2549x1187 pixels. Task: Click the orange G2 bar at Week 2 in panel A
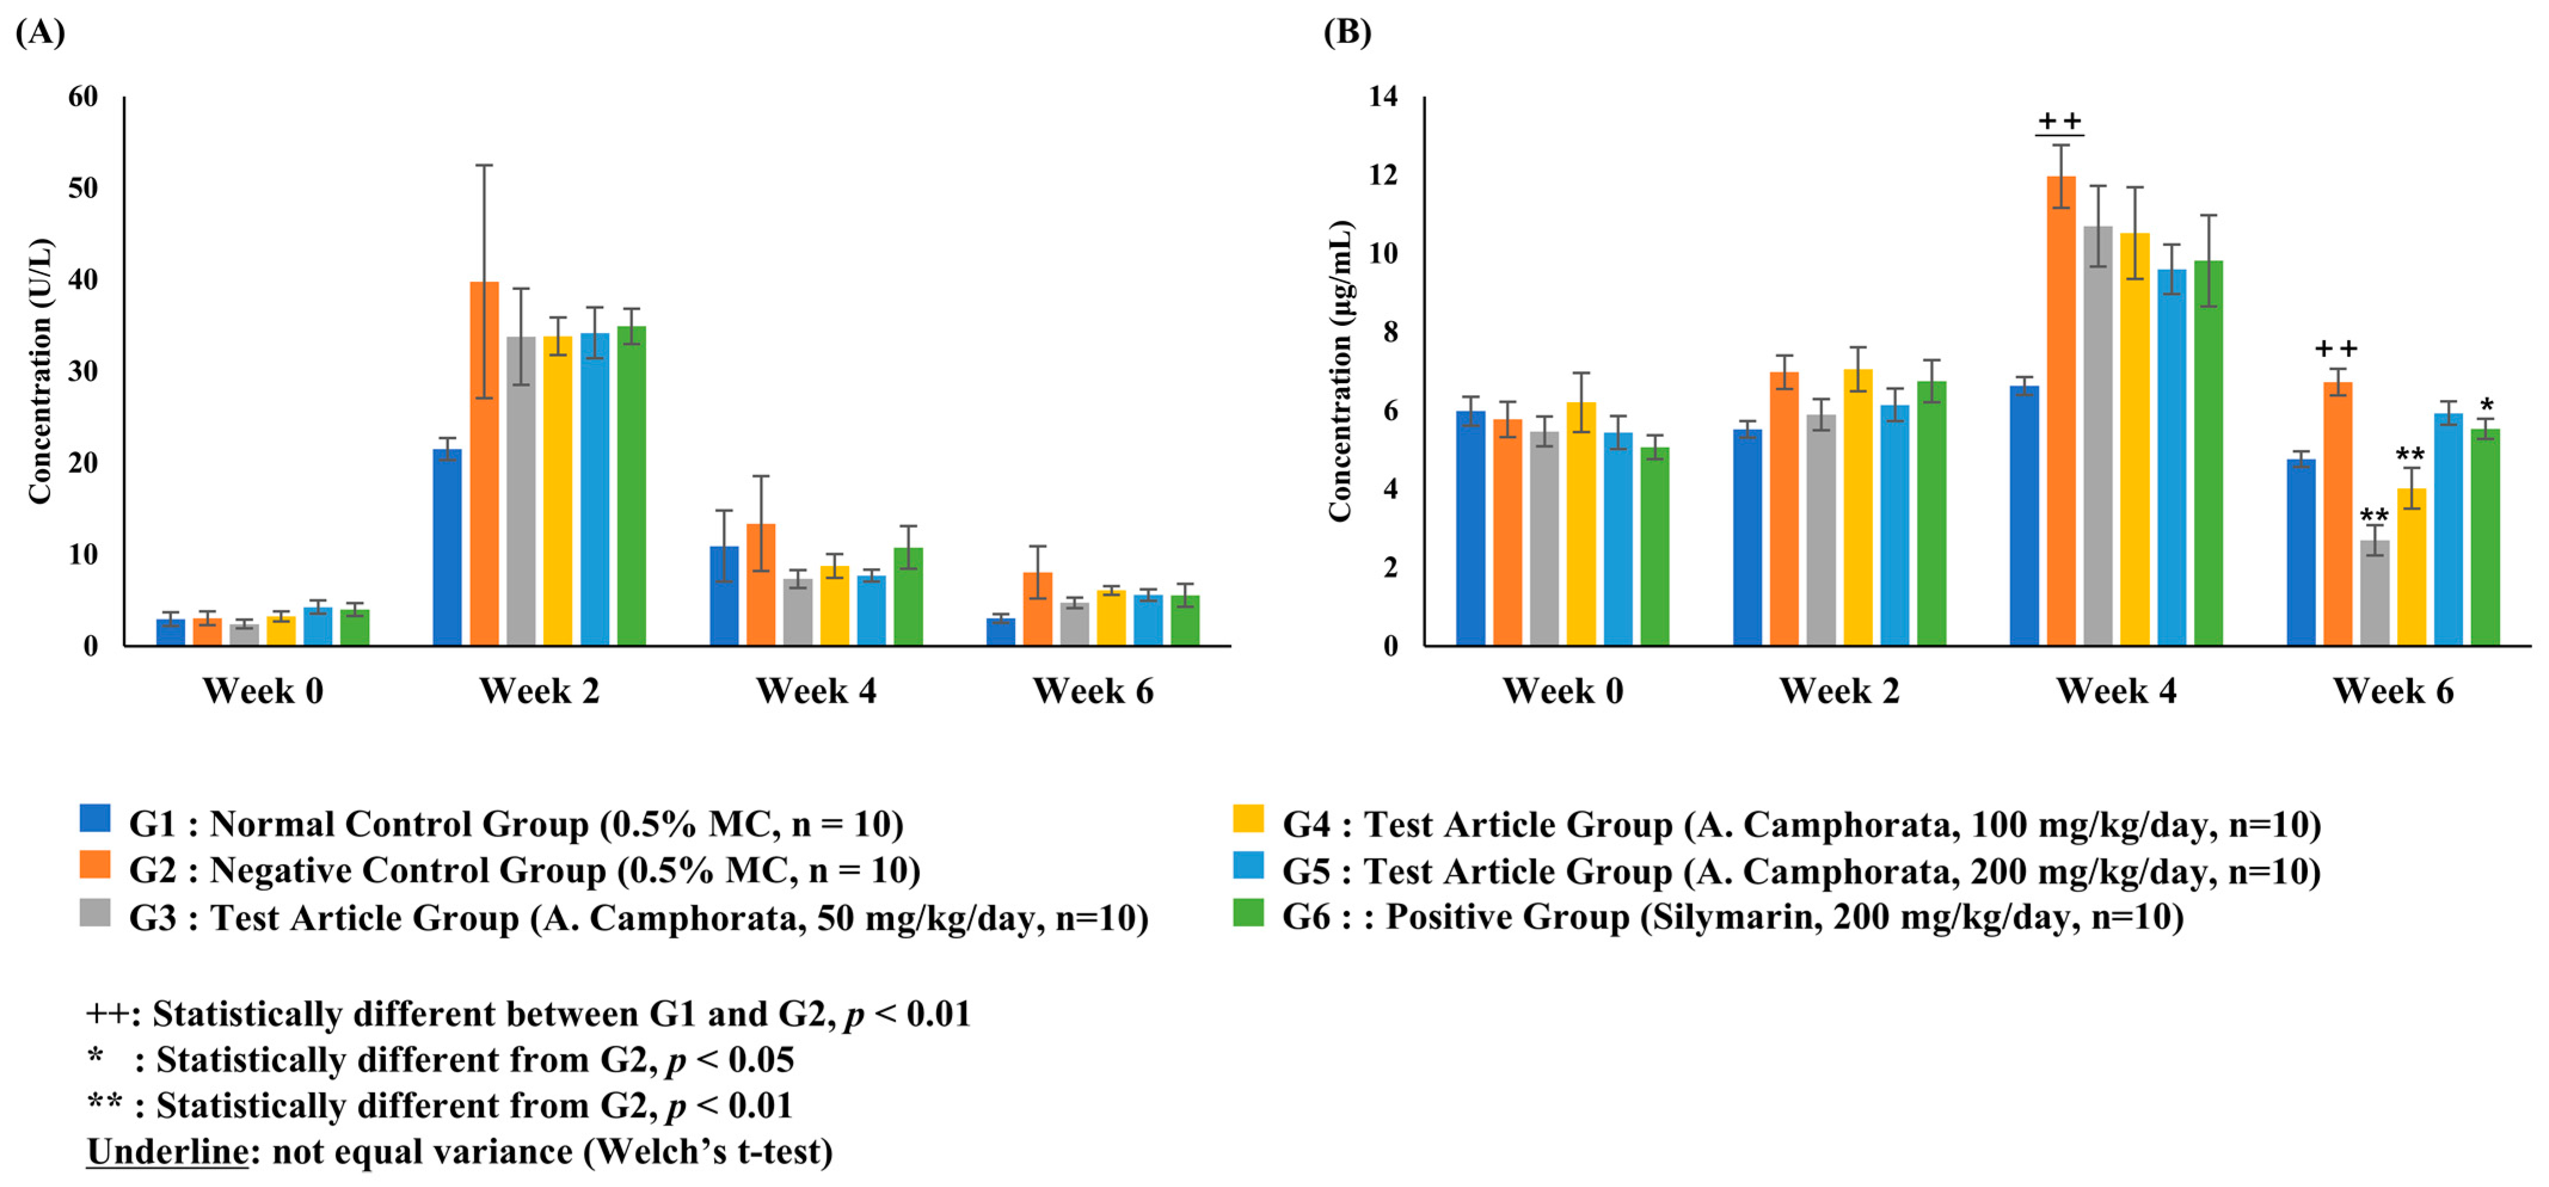pos(484,465)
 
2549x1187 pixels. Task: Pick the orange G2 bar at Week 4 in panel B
pos(2061,411)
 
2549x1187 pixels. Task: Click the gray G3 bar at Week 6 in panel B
pos(2375,593)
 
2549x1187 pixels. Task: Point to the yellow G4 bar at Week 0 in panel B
pos(1581,524)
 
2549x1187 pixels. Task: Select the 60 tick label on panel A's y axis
pos(83,97)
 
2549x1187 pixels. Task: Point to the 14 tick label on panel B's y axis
pos(1383,97)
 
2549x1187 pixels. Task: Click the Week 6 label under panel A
pos(1093,690)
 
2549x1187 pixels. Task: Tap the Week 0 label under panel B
pos(1563,690)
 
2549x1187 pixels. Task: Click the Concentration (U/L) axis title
pos(39,371)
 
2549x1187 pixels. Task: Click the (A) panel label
pos(41,33)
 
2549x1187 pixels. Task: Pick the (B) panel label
pos(1348,33)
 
